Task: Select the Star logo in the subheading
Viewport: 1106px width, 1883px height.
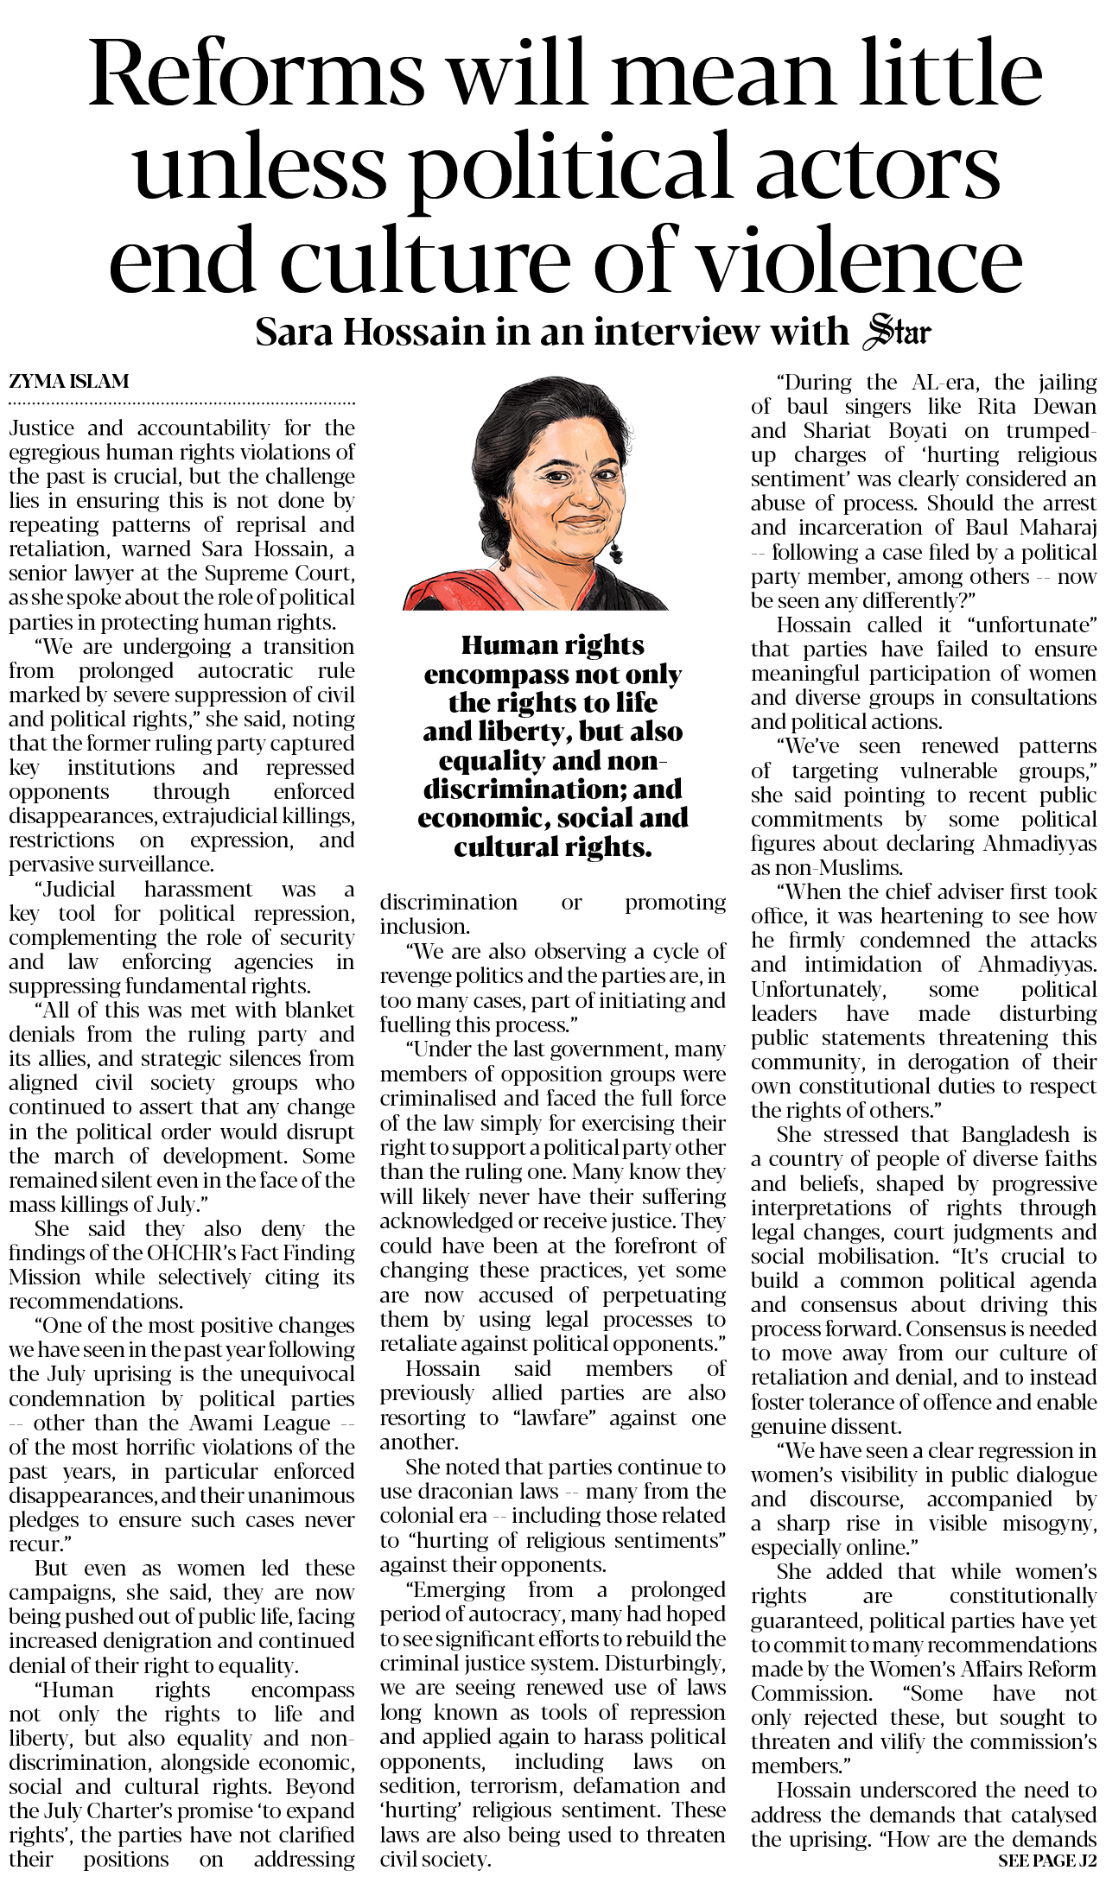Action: click(x=898, y=333)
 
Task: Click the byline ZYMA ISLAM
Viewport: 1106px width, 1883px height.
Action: click(x=69, y=381)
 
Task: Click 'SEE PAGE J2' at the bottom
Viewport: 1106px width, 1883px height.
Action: click(x=1046, y=1861)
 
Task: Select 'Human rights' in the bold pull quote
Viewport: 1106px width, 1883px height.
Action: click(x=552, y=645)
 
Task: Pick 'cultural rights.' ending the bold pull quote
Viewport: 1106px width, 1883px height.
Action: click(x=552, y=847)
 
